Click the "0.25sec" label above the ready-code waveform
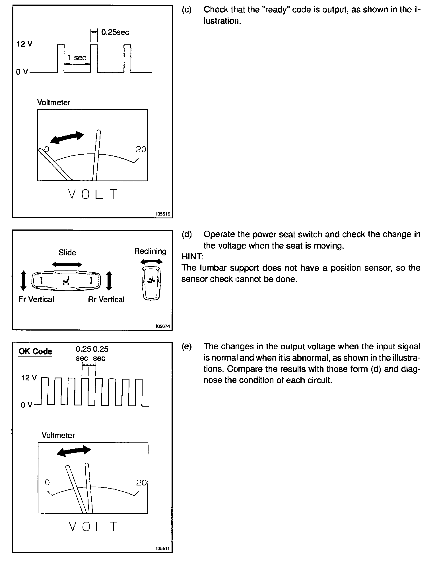115,32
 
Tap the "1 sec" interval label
77,58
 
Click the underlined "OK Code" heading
35,351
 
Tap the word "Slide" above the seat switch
67,253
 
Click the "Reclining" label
150,251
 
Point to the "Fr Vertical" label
36,299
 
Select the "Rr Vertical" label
106,300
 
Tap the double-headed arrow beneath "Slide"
67,265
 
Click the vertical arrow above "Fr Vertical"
24,280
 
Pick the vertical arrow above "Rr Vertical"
109,280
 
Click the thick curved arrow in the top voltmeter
67,137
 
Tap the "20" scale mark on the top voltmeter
141,149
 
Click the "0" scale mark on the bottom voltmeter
47,482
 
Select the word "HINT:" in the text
192,257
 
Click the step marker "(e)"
187,347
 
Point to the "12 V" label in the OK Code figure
29,378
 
